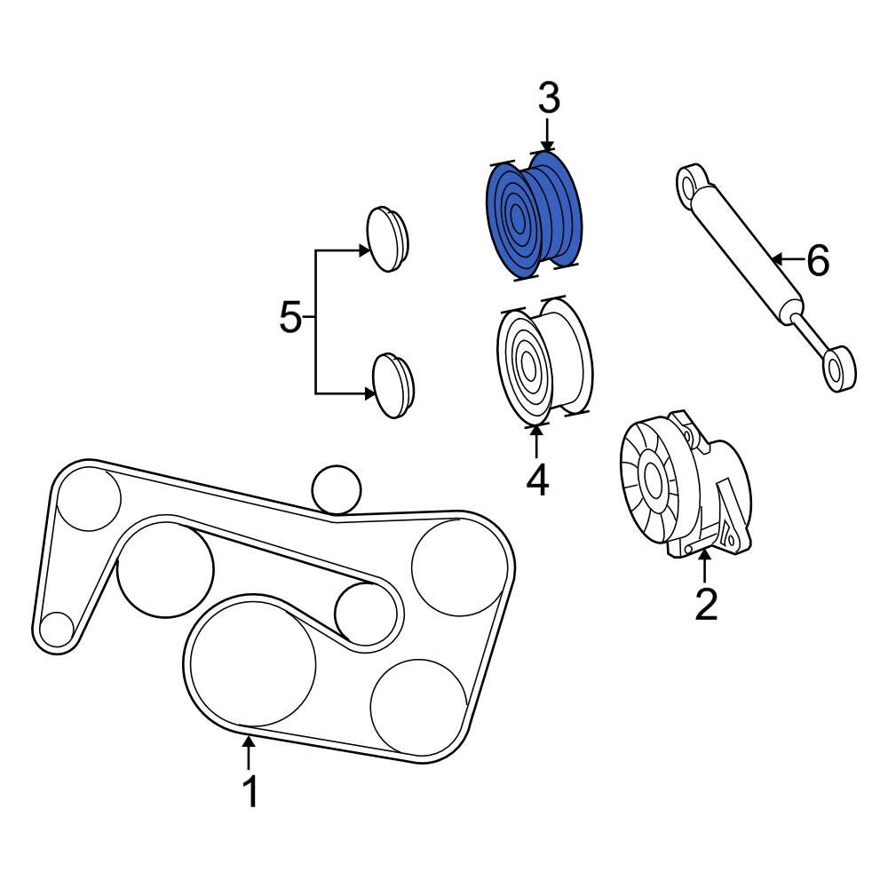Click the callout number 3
coord(549,99)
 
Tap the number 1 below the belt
coord(250,790)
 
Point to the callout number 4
coord(536,480)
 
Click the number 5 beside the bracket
coord(290,317)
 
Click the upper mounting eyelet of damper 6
coord(692,184)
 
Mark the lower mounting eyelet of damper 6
coord(837,366)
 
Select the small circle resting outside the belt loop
coord(337,488)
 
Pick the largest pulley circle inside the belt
coord(253,659)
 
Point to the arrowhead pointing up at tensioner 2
coord(705,556)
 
